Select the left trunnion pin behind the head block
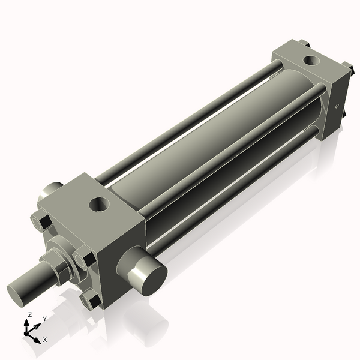(50, 193)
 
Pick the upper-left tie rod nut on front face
(38, 223)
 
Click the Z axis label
(29, 314)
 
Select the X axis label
(44, 340)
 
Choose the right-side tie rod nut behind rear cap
(347, 67)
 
